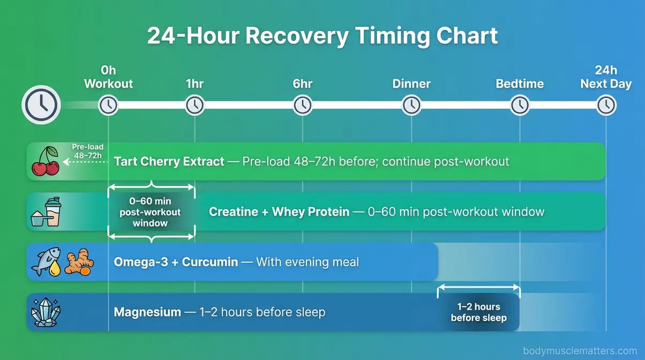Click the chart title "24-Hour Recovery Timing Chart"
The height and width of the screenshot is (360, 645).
(x=322, y=36)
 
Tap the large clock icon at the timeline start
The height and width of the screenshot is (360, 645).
(x=41, y=105)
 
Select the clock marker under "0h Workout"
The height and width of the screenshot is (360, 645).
(x=108, y=105)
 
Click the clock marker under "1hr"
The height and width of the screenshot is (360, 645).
(x=194, y=105)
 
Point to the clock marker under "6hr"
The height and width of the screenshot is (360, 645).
(x=303, y=105)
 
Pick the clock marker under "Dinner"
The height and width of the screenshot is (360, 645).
(x=411, y=105)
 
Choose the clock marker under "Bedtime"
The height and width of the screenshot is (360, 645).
(x=520, y=105)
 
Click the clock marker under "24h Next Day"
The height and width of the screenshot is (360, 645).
(x=606, y=105)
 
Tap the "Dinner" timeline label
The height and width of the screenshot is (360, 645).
(x=411, y=84)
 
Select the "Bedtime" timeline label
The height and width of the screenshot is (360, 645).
(x=520, y=84)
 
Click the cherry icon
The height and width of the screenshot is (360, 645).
(x=46, y=161)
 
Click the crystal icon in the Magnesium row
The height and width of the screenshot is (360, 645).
(x=46, y=312)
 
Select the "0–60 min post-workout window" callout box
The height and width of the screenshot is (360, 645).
(x=151, y=212)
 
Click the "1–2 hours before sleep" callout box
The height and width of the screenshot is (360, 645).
(x=478, y=312)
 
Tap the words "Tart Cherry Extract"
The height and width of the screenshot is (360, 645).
(x=169, y=161)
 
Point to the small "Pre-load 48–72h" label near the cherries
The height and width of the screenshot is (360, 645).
(x=88, y=152)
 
